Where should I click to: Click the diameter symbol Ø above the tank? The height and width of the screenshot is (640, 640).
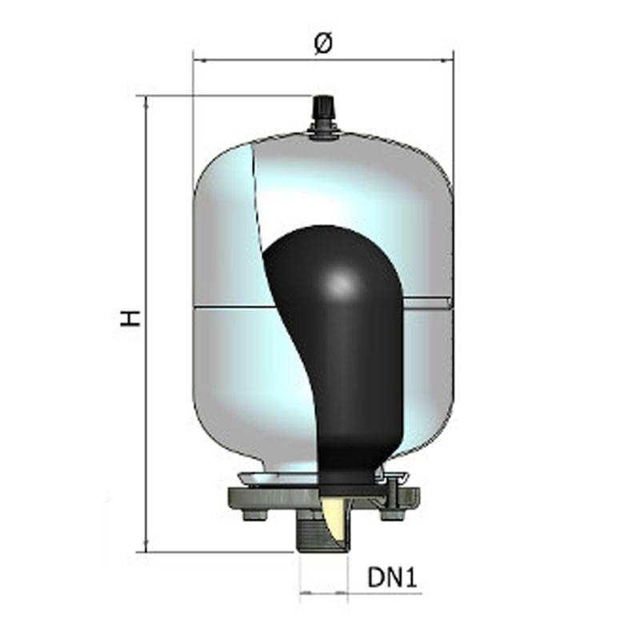[x=323, y=44]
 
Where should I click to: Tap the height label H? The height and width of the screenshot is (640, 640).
[x=130, y=318]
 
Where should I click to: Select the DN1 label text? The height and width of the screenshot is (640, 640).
[x=392, y=578]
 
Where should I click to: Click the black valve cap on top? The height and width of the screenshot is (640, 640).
[x=323, y=107]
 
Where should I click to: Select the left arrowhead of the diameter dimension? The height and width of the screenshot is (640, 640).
[x=200, y=61]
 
